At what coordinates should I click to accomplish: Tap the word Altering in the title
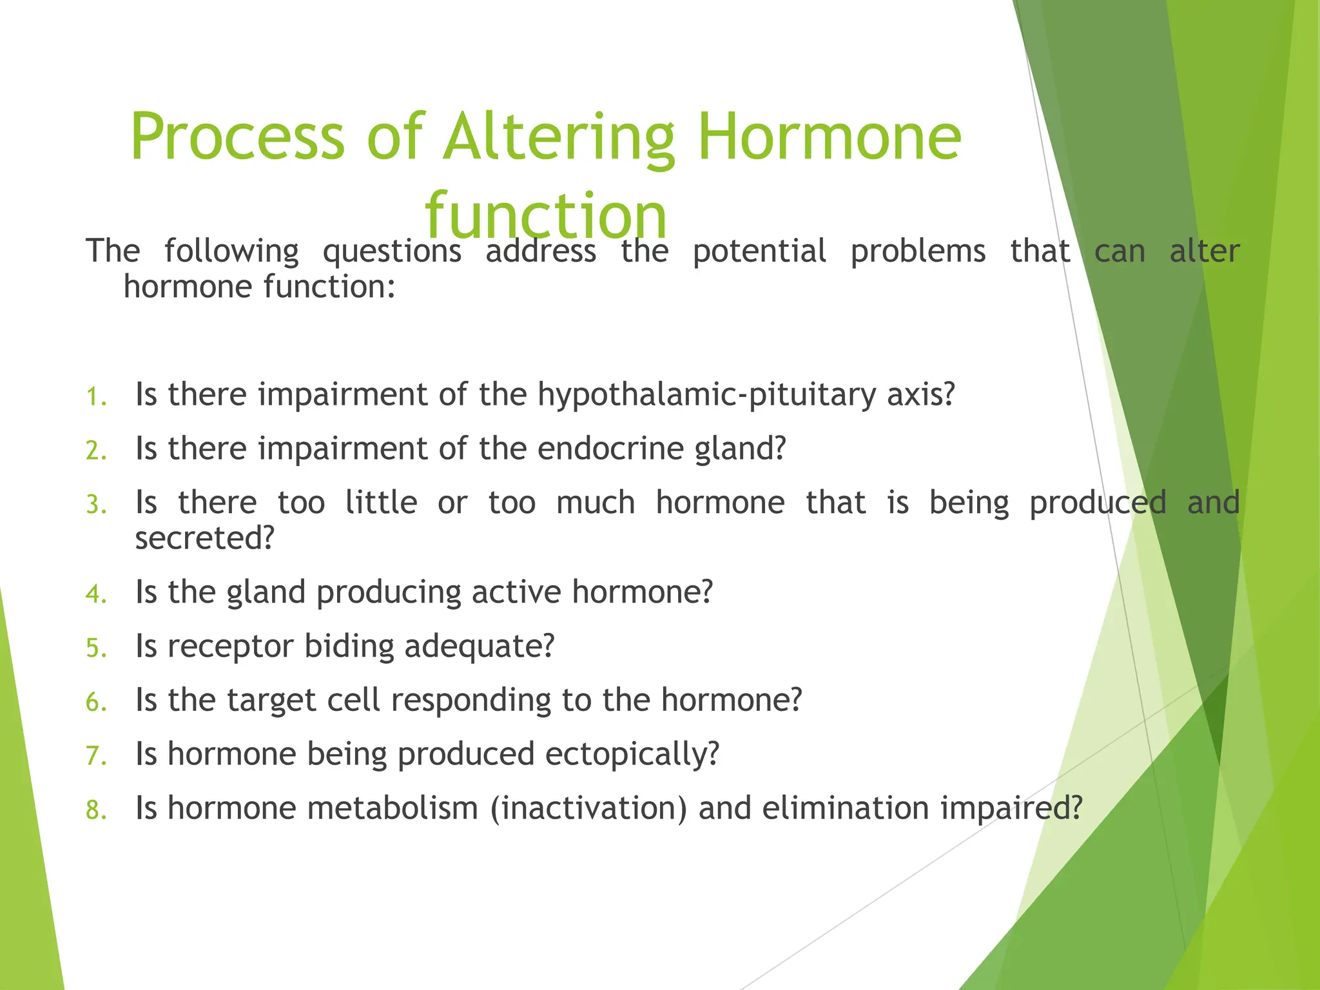point(558,137)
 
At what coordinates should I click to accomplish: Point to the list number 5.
point(95,648)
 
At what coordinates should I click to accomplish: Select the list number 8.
point(95,810)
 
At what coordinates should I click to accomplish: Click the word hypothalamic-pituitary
point(706,394)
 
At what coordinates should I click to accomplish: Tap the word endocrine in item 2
point(610,448)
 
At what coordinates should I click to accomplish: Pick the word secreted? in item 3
point(205,538)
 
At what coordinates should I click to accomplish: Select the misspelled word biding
point(349,646)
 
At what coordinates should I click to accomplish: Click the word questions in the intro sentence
point(392,251)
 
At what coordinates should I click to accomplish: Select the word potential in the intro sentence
point(759,251)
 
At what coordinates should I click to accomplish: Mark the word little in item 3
point(381,502)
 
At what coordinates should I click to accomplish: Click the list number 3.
point(95,505)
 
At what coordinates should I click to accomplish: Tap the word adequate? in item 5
point(479,646)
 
